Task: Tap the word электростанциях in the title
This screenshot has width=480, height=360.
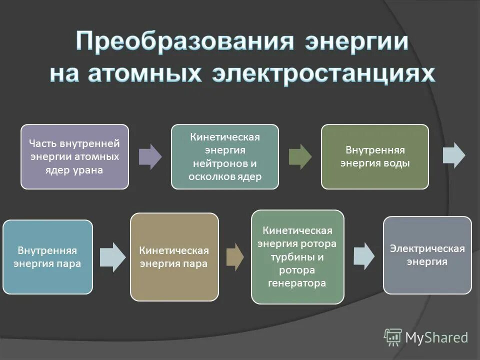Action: point(322,74)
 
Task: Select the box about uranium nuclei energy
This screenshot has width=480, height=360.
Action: point(74,156)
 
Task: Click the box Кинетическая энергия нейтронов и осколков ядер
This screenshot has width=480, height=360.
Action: point(225,156)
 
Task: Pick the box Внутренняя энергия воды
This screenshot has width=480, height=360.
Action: point(374,156)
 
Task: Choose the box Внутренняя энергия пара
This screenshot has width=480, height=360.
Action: point(48,257)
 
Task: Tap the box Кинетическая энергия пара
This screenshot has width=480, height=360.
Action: point(174,257)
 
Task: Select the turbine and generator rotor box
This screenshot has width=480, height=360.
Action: point(297,257)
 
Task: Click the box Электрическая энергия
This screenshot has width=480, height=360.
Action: point(427,255)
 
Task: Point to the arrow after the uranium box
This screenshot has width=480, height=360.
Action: point(150,156)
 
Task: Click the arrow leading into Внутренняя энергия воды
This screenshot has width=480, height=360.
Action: point(300,156)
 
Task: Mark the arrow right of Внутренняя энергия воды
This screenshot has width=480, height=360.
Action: point(454,155)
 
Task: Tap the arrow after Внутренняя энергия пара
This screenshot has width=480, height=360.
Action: point(112,257)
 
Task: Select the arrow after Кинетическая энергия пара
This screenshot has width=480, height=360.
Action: point(234,257)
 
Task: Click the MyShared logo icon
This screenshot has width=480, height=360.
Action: point(393,337)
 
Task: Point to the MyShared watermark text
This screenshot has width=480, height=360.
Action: point(436,338)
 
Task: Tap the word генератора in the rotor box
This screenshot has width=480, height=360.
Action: point(297,283)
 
